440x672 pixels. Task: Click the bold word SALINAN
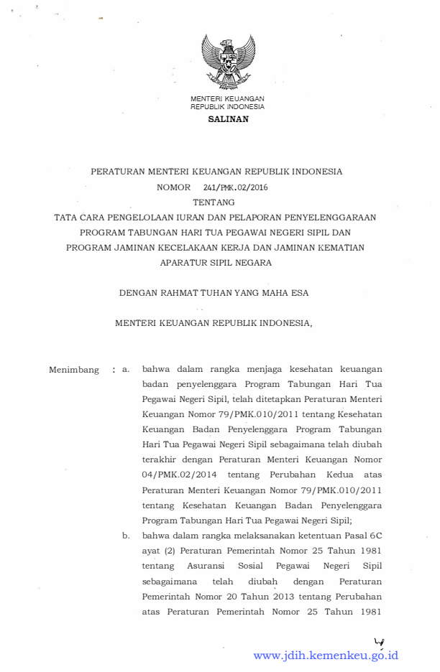coord(228,119)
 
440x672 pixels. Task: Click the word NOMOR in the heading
coord(173,187)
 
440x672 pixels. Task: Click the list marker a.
coord(125,370)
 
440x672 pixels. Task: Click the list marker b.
coord(125,536)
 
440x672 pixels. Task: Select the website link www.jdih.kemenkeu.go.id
coord(326,655)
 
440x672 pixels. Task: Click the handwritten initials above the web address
coord(378,641)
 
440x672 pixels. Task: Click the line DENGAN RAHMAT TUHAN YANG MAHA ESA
coord(214,293)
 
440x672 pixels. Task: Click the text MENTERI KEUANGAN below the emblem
coord(227,98)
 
